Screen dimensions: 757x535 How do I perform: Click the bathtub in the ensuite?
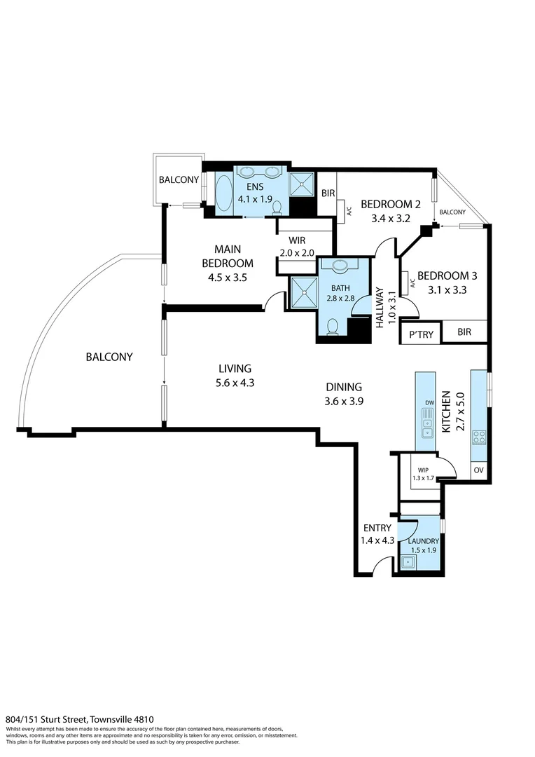pos(223,193)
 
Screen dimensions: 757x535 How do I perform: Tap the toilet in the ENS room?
pos(277,207)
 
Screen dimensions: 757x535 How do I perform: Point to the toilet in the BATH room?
pos(333,326)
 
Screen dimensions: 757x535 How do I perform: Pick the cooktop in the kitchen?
pos(480,437)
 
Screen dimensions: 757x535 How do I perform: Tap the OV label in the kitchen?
pos(479,470)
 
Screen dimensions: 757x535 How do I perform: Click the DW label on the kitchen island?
pos(426,402)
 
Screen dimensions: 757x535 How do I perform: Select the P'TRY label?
pos(420,334)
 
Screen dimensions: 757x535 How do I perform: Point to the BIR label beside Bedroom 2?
pos(327,193)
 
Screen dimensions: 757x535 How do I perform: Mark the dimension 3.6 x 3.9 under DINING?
pos(343,402)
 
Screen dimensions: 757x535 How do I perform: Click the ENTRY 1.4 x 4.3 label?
pos(378,534)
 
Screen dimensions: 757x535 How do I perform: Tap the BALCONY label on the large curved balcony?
pos(109,357)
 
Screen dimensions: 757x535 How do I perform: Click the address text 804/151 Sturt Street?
pos(79,719)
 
